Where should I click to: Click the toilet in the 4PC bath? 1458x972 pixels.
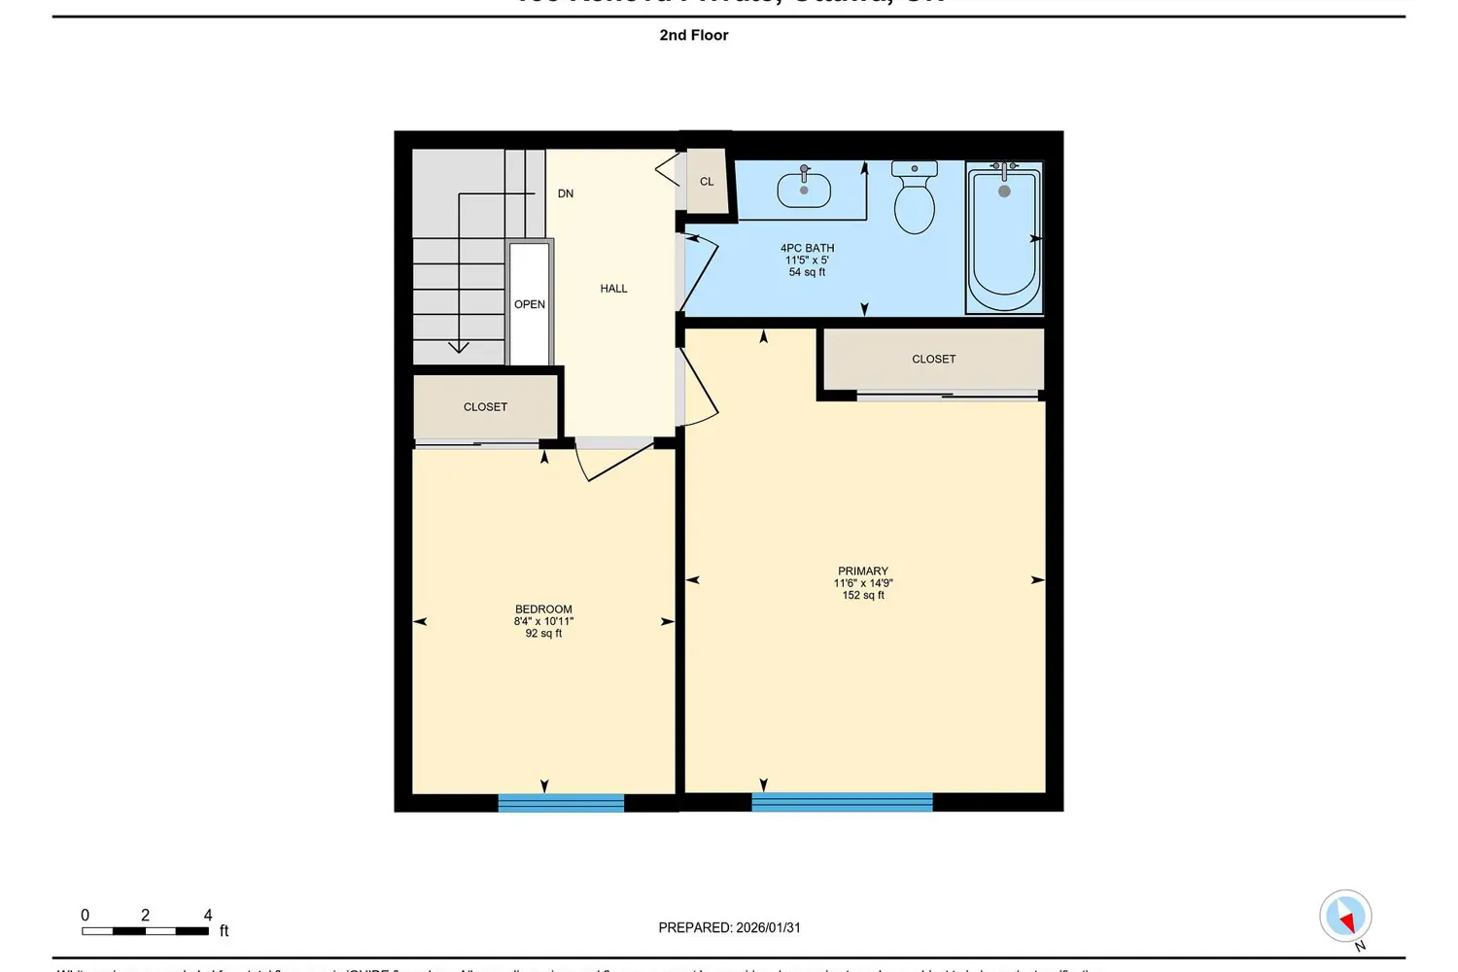(x=914, y=200)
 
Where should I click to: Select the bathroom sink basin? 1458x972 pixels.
(x=804, y=190)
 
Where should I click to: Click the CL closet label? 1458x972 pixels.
(x=707, y=182)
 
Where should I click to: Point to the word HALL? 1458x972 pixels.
(x=613, y=289)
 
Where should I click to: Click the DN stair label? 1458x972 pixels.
(x=566, y=194)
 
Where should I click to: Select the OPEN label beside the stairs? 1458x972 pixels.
(x=530, y=304)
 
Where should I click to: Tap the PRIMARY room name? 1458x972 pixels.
(x=863, y=572)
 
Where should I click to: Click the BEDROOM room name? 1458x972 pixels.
(x=543, y=609)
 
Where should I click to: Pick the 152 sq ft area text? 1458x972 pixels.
(x=863, y=596)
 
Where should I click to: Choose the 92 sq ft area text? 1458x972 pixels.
(x=543, y=634)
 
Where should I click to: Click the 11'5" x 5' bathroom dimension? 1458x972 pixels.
(x=807, y=260)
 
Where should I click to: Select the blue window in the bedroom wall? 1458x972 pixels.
(x=561, y=803)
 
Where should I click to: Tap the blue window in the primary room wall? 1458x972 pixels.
(x=842, y=803)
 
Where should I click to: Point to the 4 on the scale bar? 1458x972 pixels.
(x=208, y=916)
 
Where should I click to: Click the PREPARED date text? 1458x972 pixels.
(x=729, y=928)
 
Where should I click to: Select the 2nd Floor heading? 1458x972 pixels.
(x=694, y=35)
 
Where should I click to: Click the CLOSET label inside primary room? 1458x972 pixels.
(x=933, y=360)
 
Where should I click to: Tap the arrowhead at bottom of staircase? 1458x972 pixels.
(x=459, y=347)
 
